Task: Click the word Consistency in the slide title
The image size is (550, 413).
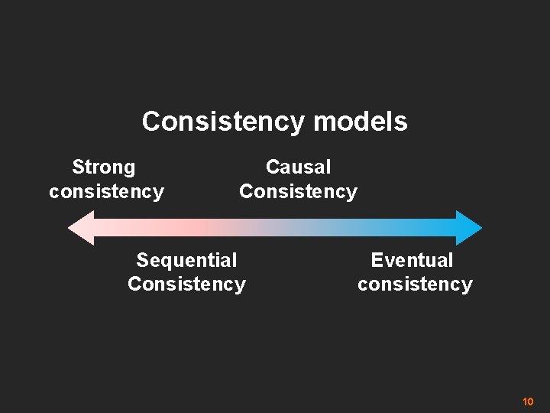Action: pos(225,122)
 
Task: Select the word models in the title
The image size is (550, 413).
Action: pos(361,122)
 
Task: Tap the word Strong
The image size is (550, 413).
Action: pos(103,167)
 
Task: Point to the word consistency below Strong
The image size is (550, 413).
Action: pos(106,190)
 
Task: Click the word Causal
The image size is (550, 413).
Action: pos(298,167)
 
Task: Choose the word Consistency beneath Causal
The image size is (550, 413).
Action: pos(298,190)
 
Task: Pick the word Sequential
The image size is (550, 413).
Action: pos(186,260)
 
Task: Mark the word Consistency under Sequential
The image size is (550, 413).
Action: pos(186,284)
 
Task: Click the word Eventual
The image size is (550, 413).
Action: pos(412,260)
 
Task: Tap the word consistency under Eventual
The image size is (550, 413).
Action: pos(415,284)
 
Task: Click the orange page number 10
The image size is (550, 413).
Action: pos(527,402)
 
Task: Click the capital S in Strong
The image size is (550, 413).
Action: pos(77,167)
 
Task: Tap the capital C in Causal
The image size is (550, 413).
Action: pos(272,167)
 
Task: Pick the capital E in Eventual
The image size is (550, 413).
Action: pos(376,260)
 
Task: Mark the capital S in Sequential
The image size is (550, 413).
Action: pos(142,260)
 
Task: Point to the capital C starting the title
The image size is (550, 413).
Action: pos(150,122)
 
